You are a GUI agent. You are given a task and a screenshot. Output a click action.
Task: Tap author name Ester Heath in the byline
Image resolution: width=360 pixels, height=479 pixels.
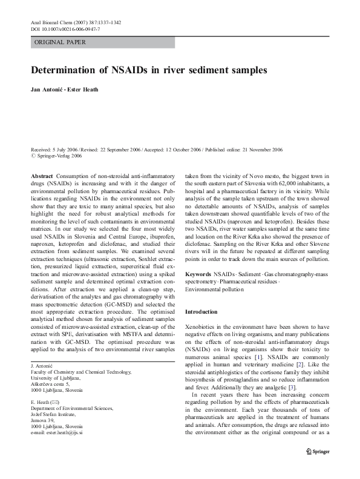click(83, 90)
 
